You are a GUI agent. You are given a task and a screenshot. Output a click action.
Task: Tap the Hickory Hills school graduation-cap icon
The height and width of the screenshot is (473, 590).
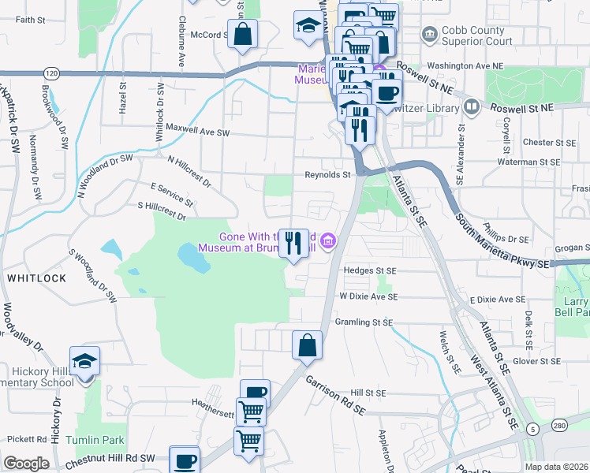[85, 361]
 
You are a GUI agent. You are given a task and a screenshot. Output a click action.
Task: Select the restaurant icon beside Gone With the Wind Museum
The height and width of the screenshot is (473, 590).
[293, 243]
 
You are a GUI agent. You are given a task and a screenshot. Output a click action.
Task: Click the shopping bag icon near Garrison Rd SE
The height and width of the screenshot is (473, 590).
[307, 345]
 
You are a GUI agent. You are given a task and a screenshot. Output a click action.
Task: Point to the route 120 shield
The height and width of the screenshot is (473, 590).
[51, 73]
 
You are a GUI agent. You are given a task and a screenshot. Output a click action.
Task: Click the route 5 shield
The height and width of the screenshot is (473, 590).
[534, 429]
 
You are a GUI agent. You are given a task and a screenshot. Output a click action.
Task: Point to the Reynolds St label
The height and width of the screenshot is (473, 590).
[327, 175]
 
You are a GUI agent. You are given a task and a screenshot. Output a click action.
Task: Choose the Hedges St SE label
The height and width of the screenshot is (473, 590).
[369, 270]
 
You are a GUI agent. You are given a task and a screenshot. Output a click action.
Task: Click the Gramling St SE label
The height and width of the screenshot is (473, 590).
[364, 322]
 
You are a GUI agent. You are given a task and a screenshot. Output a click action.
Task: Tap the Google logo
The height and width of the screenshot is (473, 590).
[26, 464]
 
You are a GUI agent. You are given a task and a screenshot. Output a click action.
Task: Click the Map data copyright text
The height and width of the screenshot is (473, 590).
[555, 467]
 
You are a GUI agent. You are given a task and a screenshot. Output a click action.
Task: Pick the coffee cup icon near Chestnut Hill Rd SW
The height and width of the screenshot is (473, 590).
[184, 460]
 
